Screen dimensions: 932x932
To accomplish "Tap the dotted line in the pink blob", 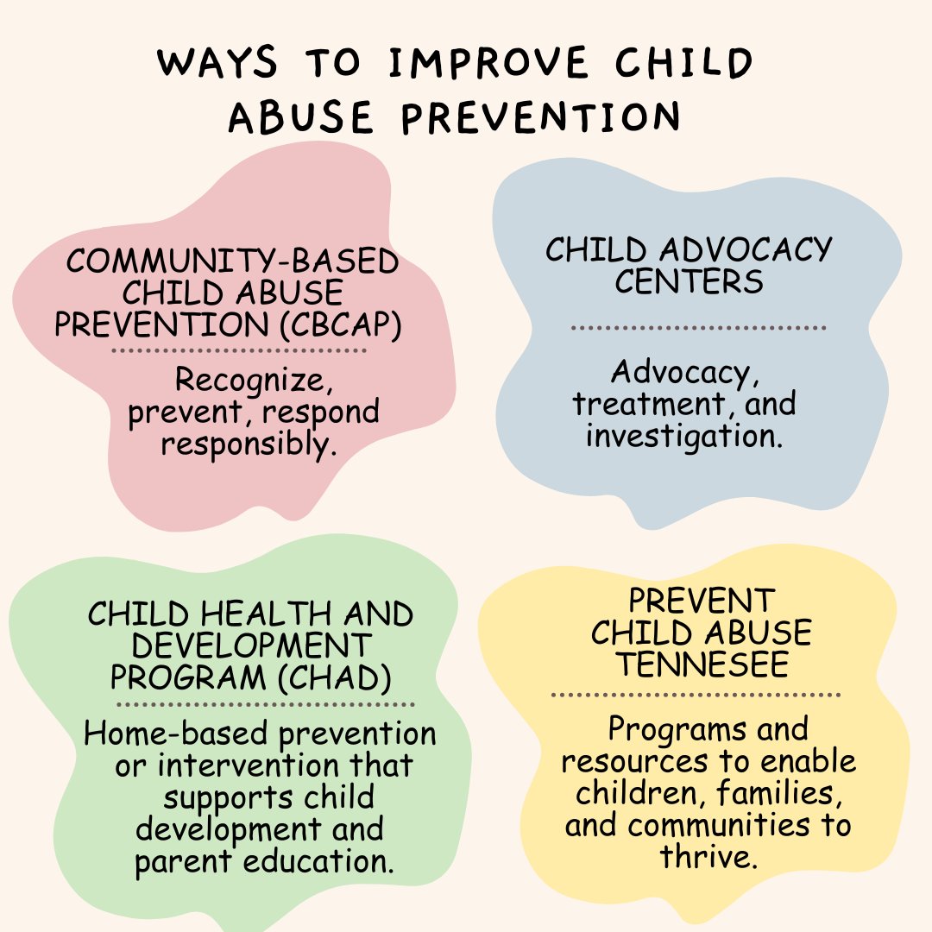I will point(239,350).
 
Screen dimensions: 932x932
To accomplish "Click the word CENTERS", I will point(689,281).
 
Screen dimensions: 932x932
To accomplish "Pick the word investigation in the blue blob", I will point(683,435).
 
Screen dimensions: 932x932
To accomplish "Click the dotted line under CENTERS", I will point(698,328).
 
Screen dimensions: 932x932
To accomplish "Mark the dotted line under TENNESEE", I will point(696,694).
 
